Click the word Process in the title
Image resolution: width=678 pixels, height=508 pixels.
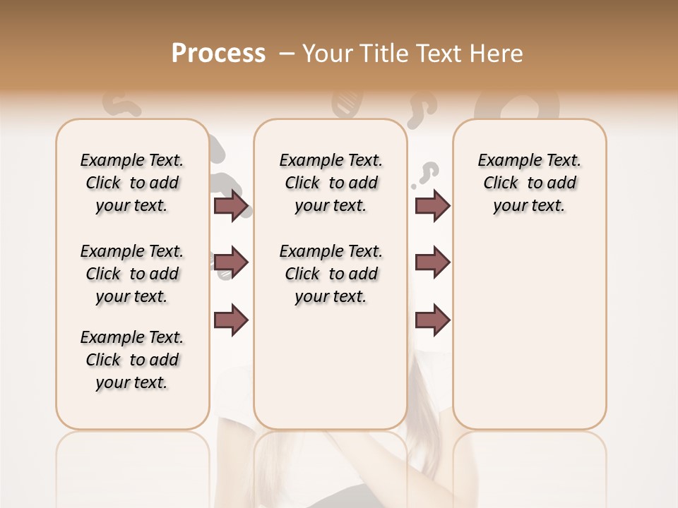point(218,54)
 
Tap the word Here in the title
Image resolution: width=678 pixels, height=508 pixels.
point(494,54)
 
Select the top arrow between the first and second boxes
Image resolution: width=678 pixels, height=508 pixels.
point(231,206)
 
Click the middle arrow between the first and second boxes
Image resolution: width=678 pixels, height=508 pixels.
point(231,263)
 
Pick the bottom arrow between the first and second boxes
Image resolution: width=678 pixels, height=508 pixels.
point(231,320)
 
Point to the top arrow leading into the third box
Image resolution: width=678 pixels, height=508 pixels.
point(432,206)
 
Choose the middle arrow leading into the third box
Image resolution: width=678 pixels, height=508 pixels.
point(432,263)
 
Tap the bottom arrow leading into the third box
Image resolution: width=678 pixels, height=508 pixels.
point(432,320)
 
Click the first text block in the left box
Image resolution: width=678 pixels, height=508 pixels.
point(132,183)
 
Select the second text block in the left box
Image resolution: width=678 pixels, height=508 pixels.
point(132,274)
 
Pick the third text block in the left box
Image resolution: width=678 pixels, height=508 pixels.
point(132,360)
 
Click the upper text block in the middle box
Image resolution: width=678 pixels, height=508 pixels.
point(331,183)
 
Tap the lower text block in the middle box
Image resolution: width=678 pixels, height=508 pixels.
point(331,274)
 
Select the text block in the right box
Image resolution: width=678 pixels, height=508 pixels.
point(529,183)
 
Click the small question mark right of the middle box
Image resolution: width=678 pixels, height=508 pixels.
point(428,173)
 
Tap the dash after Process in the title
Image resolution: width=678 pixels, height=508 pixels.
point(286,54)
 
